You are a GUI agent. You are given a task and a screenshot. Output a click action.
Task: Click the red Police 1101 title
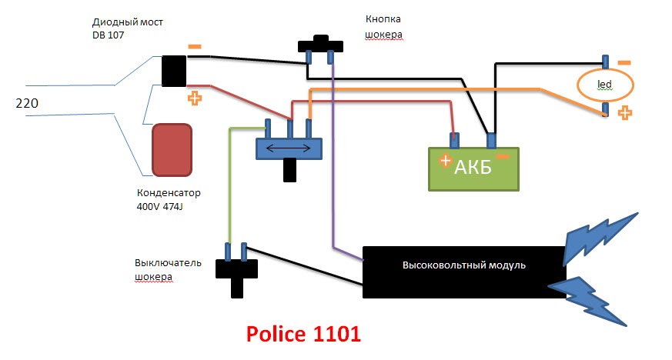[303, 335]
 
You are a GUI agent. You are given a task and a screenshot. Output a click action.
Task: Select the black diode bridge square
[173, 71]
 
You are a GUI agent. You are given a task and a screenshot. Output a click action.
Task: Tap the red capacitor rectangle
[174, 149]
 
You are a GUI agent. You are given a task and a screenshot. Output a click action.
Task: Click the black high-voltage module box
[463, 272]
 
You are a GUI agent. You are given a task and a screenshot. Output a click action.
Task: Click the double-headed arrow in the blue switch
[288, 148]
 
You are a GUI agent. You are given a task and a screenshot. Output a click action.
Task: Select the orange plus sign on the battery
[444, 161]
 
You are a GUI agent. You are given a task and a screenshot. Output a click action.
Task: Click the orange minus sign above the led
[624, 62]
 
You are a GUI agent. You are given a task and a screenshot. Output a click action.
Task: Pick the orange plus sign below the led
[625, 113]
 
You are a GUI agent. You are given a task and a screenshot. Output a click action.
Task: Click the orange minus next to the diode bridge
[195, 46]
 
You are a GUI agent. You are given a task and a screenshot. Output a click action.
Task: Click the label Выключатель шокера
[167, 269]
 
